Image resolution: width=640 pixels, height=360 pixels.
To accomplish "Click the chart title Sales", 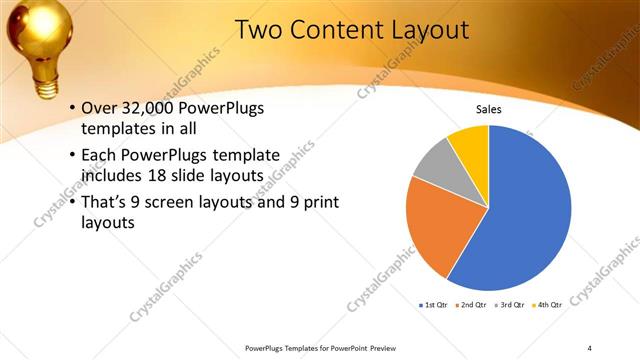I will [x=488, y=109].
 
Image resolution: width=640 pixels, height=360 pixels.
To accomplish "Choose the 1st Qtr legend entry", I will [x=434, y=303].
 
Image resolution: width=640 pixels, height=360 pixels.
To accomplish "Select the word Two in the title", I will [x=260, y=30].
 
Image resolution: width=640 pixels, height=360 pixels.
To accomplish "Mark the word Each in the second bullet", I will [x=98, y=156].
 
